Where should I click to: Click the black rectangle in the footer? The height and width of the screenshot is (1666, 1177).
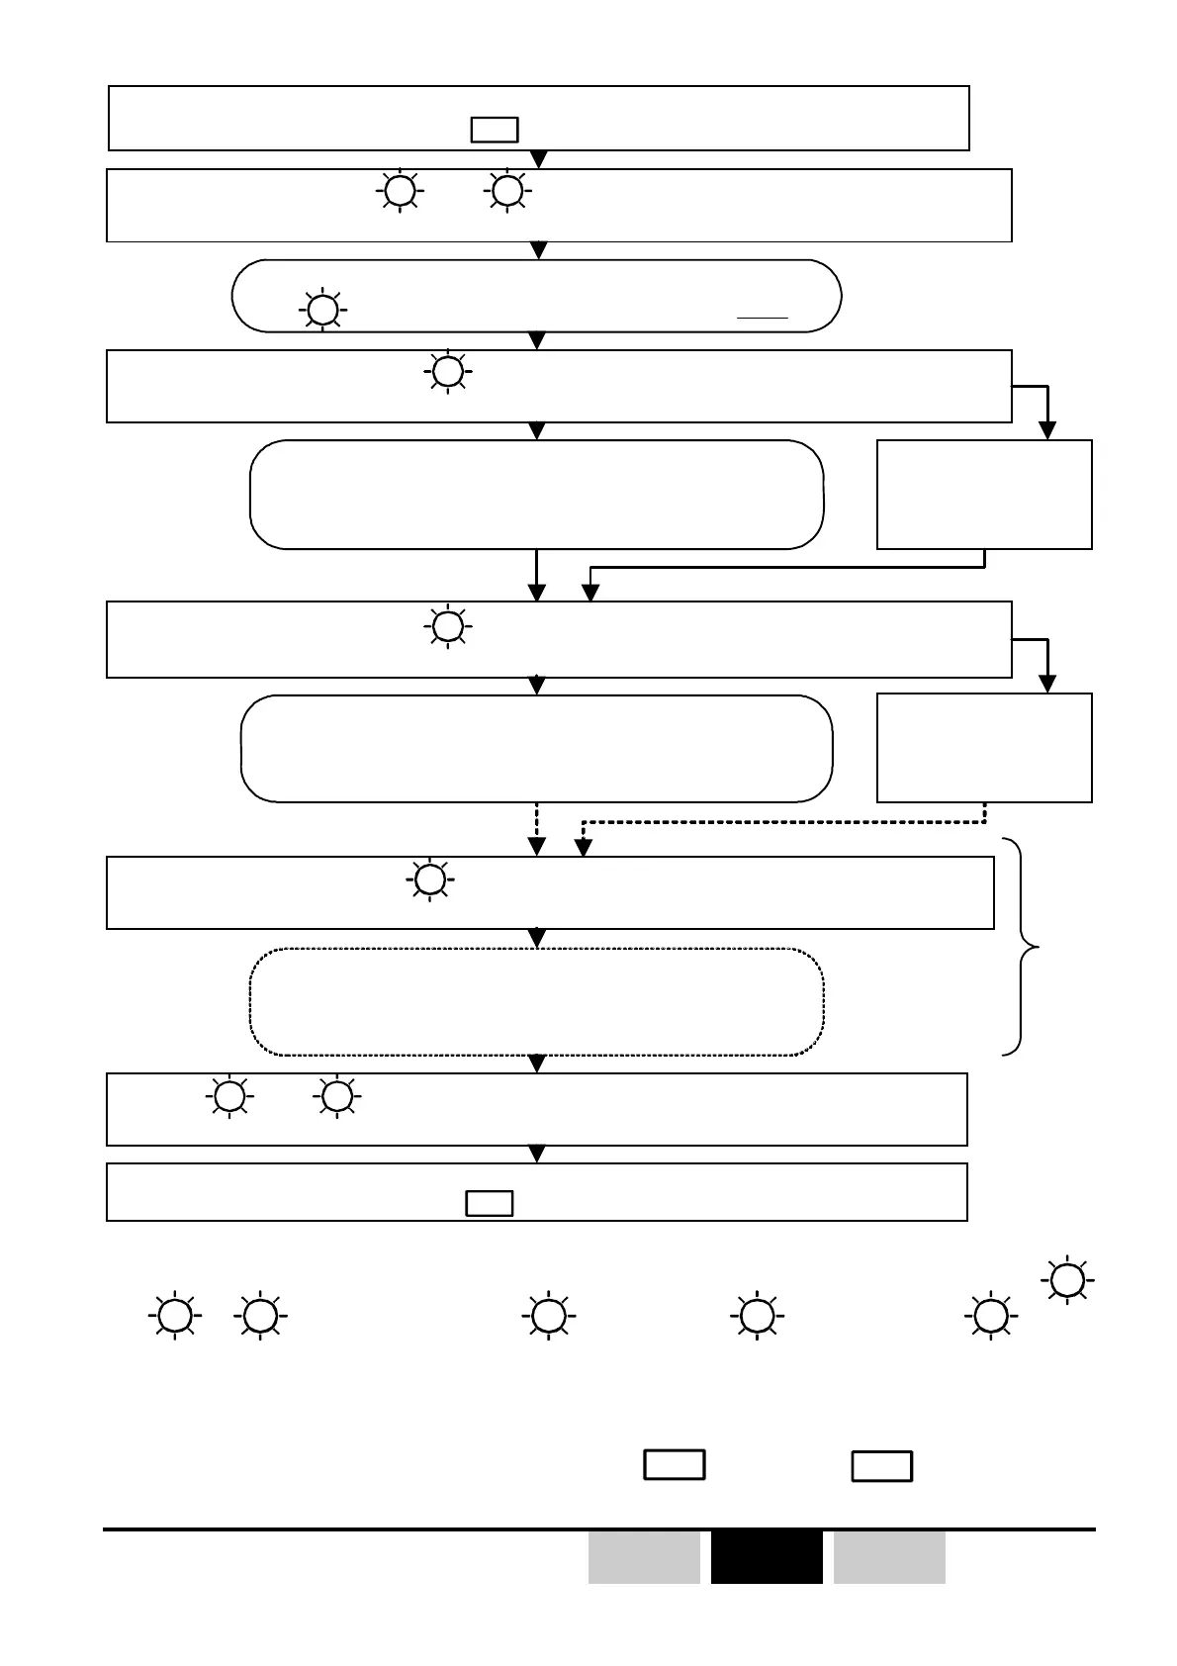click(x=767, y=1557)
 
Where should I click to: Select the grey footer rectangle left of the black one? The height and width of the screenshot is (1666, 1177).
click(x=644, y=1557)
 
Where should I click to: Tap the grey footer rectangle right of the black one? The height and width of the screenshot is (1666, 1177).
click(x=889, y=1557)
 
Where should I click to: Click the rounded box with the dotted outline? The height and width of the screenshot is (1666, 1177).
click(x=536, y=1002)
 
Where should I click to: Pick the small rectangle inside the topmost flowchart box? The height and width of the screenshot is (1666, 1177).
click(x=495, y=131)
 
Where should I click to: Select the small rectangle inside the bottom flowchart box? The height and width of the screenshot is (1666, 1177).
click(x=490, y=1203)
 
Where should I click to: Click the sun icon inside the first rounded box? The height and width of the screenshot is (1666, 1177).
click(x=320, y=311)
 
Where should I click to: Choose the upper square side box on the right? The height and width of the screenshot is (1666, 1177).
click(x=984, y=495)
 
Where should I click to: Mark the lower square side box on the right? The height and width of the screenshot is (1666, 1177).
click(x=984, y=748)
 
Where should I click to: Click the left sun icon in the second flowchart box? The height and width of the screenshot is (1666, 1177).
click(x=400, y=190)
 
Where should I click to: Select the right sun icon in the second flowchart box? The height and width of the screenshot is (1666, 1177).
click(x=507, y=190)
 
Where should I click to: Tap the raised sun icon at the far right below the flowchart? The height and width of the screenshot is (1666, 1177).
click(x=1066, y=1281)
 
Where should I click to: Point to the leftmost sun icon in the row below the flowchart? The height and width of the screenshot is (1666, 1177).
click(x=175, y=1317)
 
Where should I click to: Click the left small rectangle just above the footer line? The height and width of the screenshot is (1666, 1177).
click(x=675, y=1464)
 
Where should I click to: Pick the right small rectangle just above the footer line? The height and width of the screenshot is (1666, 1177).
click(x=882, y=1466)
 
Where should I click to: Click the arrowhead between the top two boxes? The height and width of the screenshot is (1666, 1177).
click(x=539, y=160)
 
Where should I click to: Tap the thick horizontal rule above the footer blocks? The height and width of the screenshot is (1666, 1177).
click(x=599, y=1529)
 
